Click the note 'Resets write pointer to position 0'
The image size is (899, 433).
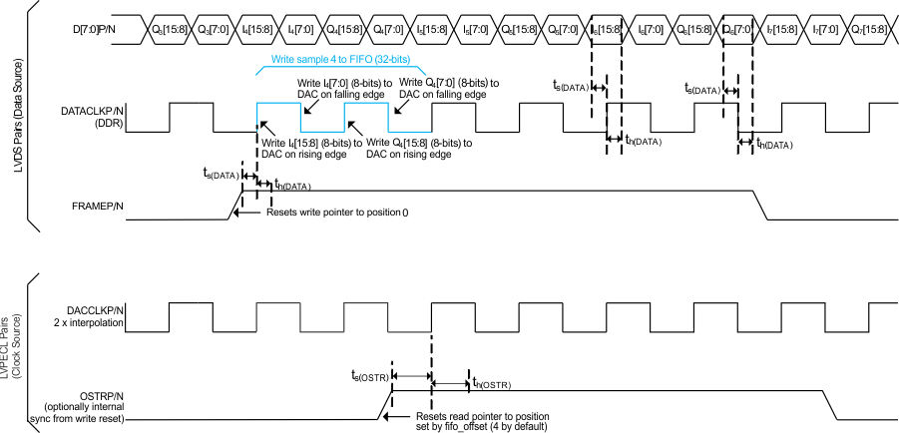point(337,213)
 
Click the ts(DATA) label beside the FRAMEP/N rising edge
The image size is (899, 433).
point(220,175)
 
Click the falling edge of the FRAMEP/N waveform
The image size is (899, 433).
point(760,207)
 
